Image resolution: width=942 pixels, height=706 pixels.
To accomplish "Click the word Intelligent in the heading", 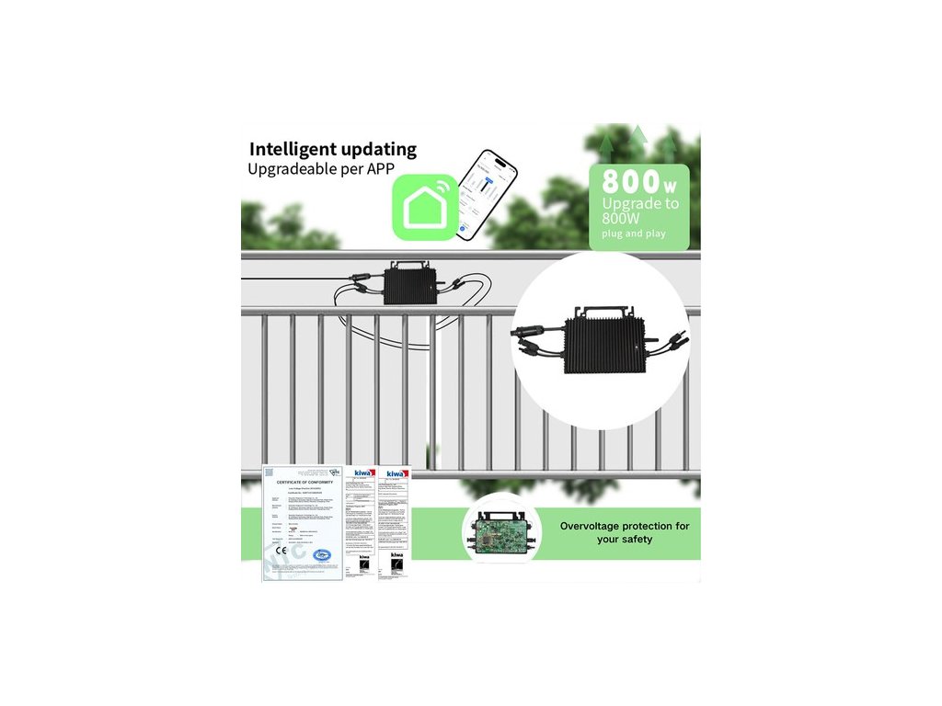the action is tap(293, 149).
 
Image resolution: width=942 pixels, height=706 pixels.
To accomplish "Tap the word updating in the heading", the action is tap(378, 150).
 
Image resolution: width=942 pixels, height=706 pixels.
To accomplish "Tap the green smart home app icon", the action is tap(424, 208).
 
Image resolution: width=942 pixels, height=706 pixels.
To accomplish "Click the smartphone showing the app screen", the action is tap(488, 196).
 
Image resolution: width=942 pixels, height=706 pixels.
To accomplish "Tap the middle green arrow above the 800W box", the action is tap(638, 136).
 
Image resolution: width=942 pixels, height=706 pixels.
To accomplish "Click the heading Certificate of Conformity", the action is tap(303, 482).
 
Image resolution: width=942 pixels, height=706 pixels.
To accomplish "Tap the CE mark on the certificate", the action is tap(280, 550).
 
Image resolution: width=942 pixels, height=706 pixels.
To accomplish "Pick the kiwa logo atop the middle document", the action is tap(365, 473).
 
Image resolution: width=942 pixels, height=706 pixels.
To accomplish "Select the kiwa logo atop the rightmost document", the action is tap(397, 473).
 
